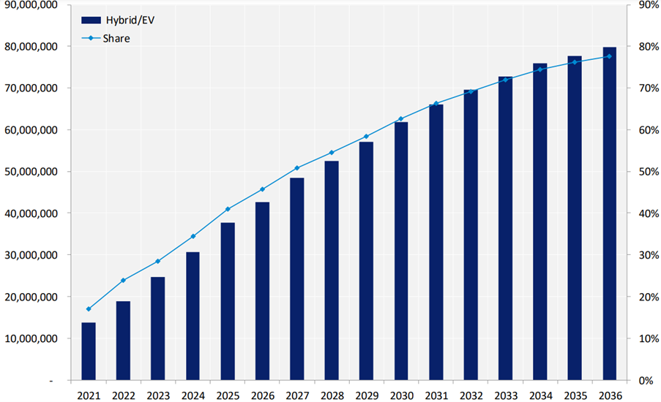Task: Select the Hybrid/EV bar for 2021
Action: coord(89,352)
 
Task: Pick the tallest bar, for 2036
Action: coord(609,214)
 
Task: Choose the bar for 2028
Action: coord(332,270)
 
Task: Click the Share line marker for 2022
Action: coord(123,280)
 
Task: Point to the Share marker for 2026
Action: coord(262,189)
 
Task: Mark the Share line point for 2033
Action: coord(505,79)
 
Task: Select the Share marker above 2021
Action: coord(89,309)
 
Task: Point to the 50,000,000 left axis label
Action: coord(31,172)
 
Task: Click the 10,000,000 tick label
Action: coord(31,339)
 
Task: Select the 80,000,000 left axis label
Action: coord(31,46)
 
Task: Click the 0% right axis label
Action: coord(644,381)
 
